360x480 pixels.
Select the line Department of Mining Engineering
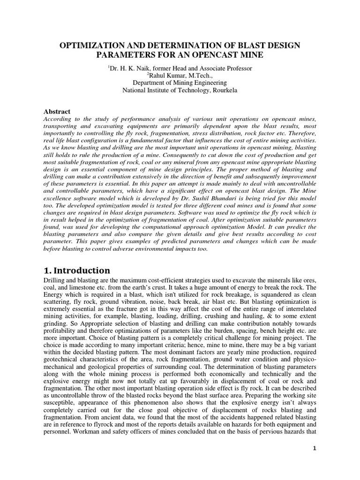[180, 83]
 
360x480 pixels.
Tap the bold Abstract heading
[57, 112]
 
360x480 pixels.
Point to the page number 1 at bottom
[315, 449]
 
